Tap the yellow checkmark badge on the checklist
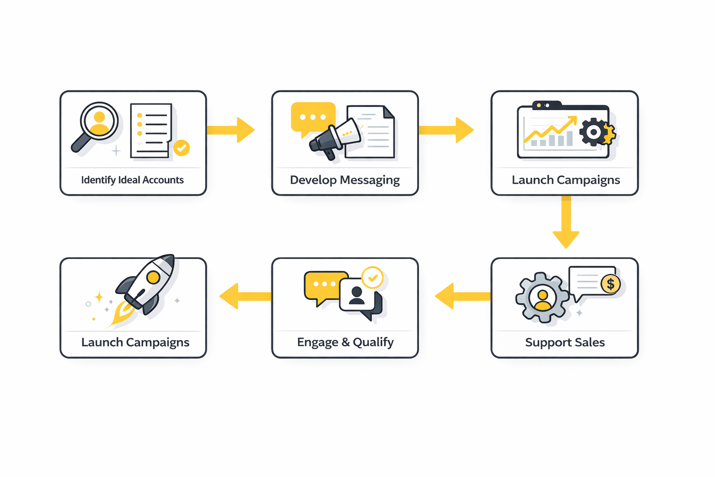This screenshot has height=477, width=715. [181, 148]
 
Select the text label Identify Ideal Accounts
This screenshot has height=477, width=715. [132, 180]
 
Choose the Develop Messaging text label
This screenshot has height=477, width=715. [344, 180]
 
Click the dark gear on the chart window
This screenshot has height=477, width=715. [593, 132]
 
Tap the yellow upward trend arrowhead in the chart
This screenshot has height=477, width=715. [572, 121]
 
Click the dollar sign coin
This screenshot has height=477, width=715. [610, 284]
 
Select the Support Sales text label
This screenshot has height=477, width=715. [565, 342]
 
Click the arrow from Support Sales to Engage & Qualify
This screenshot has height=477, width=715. [463, 296]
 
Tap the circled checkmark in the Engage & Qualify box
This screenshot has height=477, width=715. [372, 278]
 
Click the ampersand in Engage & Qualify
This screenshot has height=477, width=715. [345, 342]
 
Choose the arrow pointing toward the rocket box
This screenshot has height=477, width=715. [245, 296]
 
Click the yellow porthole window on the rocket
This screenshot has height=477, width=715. [153, 278]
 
